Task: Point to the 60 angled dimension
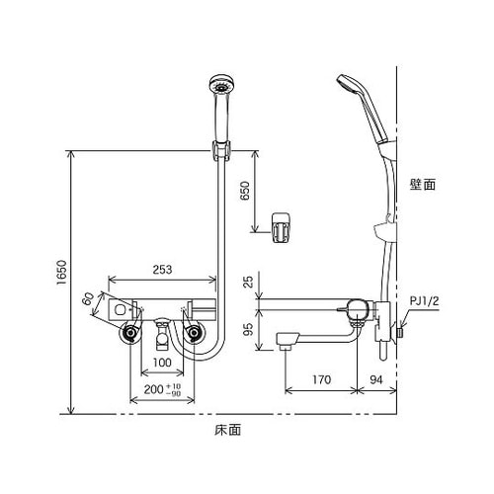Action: [90, 299]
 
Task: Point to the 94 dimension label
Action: [377, 376]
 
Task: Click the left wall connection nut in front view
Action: [129, 336]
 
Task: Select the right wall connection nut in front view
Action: [196, 336]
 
